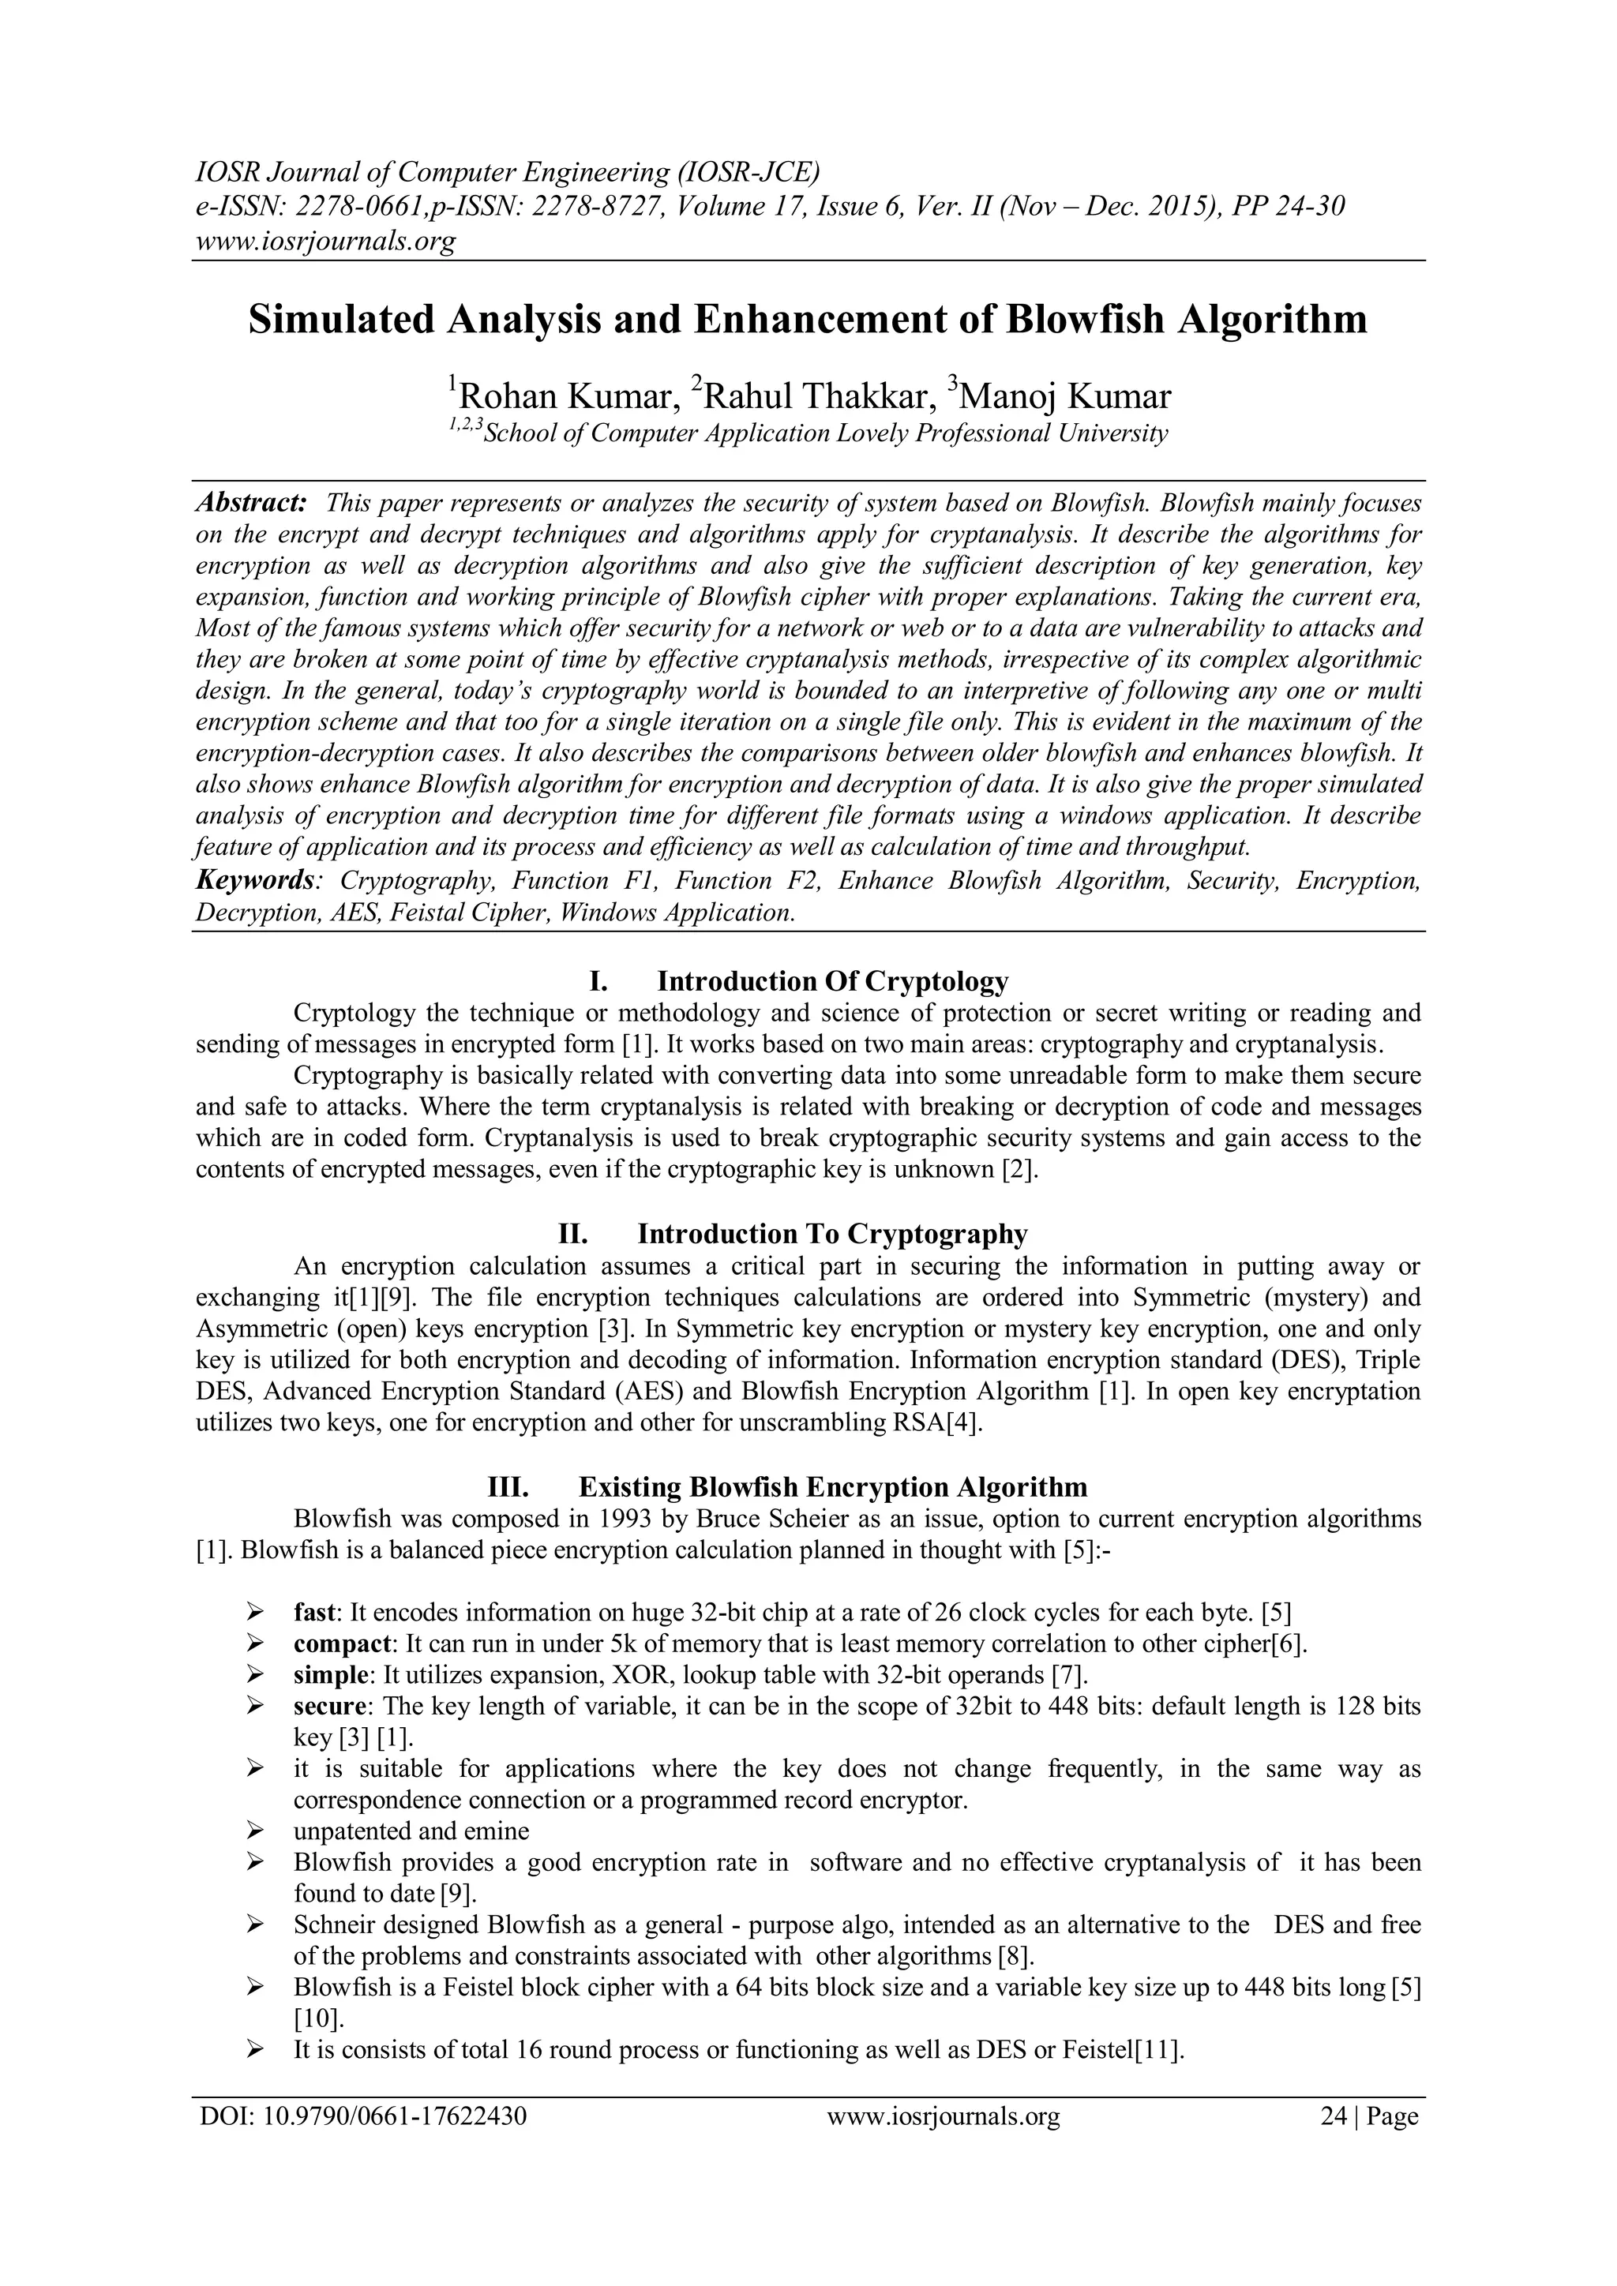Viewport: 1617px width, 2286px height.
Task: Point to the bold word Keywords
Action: (x=256, y=880)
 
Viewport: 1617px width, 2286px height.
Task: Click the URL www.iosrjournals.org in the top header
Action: (x=325, y=240)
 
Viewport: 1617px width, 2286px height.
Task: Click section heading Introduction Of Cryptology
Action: (x=832, y=982)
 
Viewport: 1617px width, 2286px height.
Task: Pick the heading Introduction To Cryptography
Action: (x=832, y=1235)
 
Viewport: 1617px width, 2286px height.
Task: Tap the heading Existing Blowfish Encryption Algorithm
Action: (x=832, y=1487)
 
